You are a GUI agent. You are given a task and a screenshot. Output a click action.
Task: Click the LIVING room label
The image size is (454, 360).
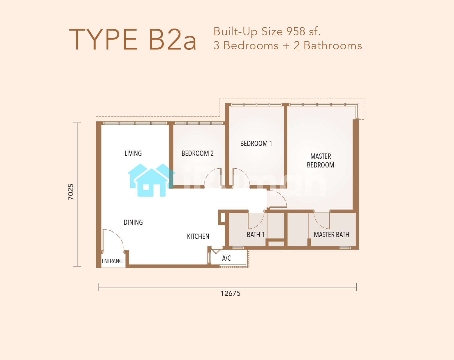pyautogui.click(x=133, y=153)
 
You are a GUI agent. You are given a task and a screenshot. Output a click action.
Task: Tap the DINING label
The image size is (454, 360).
pyautogui.click(x=133, y=222)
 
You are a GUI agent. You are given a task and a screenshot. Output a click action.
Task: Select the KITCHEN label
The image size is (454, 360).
pyautogui.click(x=198, y=237)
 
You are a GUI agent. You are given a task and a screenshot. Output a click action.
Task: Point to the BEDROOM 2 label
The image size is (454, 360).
pyautogui.click(x=198, y=153)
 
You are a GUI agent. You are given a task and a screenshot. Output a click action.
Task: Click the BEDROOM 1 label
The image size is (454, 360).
pyautogui.click(x=256, y=143)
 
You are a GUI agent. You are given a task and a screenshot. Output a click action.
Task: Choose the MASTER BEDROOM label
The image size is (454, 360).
pyautogui.click(x=321, y=160)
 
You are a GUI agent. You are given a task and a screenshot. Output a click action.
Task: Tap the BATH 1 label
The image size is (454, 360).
pyautogui.click(x=256, y=234)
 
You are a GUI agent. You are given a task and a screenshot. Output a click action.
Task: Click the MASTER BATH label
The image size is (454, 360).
pyautogui.click(x=331, y=234)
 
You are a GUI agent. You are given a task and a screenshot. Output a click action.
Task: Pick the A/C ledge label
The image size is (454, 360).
pyautogui.click(x=226, y=258)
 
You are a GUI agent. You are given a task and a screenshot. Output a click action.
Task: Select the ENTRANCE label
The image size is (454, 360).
pyautogui.click(x=113, y=261)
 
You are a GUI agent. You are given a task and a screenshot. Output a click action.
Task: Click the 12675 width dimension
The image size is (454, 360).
pyautogui.click(x=230, y=293)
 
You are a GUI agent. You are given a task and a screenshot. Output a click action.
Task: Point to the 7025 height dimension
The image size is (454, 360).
pyautogui.click(x=71, y=192)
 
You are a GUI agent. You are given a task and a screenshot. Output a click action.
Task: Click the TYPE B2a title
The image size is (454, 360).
pyautogui.click(x=133, y=39)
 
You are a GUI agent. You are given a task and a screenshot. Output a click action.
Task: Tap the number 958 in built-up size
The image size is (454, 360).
pyautogui.click(x=296, y=31)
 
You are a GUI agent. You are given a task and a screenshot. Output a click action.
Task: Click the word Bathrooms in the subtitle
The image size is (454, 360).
pyautogui.click(x=333, y=45)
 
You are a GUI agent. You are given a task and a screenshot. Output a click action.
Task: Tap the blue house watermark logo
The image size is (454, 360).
pyautogui.click(x=151, y=180)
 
